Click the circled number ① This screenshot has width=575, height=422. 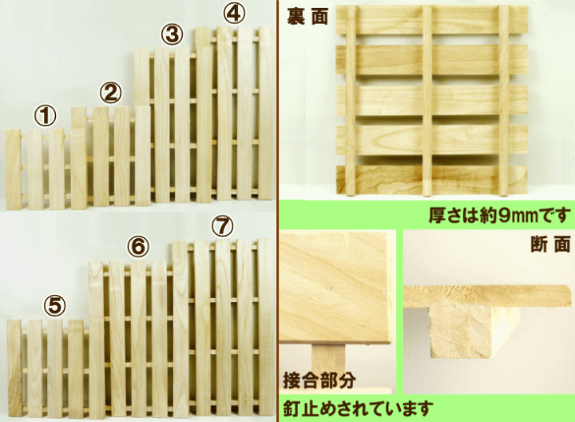coord(46,117)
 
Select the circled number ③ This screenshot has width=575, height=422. coord(172,35)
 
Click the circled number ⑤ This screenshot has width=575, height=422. coord(54,305)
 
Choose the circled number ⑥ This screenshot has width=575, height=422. coord(138,248)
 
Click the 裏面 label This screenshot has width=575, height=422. coord(307,17)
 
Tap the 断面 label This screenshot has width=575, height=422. coord(550,244)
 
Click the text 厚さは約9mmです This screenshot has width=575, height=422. coord(498,214)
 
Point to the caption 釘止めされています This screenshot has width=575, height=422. coord(357,408)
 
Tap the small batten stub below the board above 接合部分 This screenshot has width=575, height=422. coord(327,358)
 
